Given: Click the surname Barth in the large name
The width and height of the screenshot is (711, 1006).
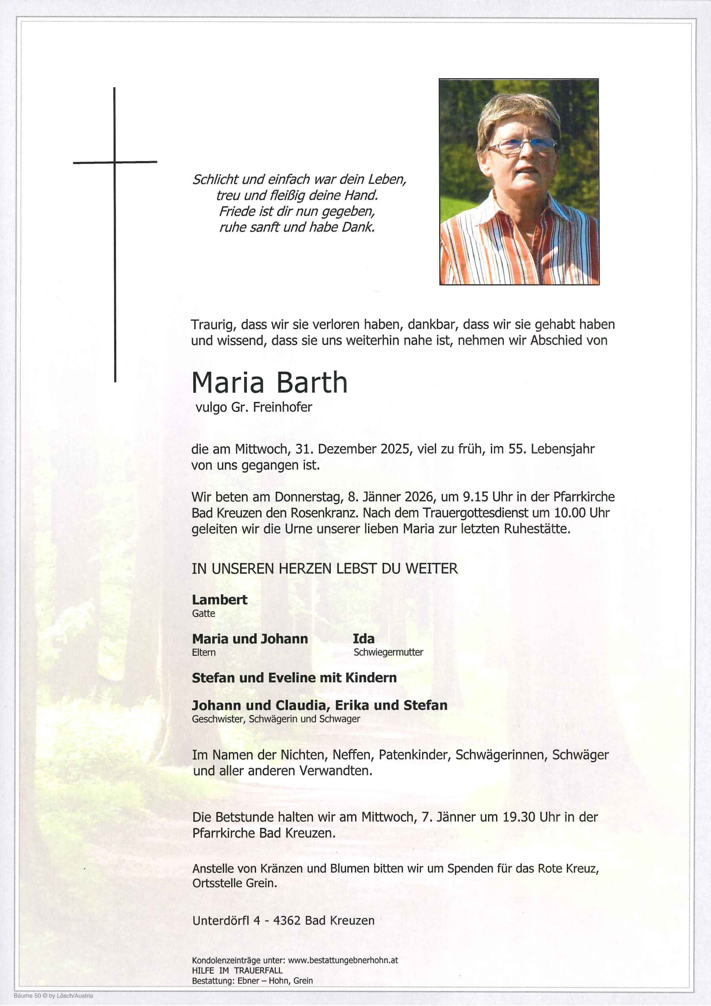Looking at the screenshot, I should [312, 383].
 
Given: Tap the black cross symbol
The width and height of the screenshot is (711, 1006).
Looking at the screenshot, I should [115, 163].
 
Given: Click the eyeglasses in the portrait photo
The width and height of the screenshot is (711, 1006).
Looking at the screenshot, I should [521, 145].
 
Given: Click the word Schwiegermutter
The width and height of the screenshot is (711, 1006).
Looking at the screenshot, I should [388, 652].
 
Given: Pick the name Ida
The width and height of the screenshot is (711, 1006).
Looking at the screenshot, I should [364, 639].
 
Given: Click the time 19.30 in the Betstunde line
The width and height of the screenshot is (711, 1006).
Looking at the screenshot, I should [521, 817].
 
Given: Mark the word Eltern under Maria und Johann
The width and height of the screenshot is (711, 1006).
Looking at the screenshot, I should [204, 652].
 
